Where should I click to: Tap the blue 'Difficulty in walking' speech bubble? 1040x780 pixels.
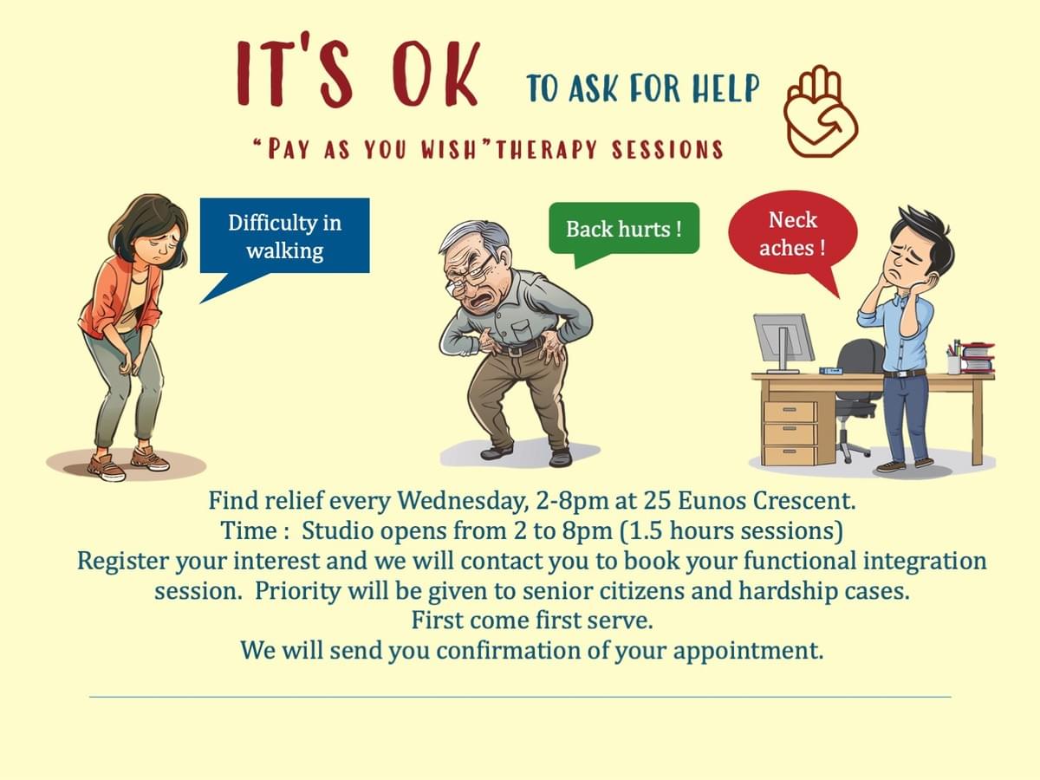click(x=284, y=236)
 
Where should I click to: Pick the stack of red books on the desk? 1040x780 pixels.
click(x=978, y=357)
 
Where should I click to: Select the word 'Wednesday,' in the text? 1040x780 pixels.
click(x=462, y=501)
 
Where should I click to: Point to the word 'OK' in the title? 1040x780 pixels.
click(x=435, y=74)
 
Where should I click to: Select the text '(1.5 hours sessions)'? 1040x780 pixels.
click(x=731, y=531)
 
